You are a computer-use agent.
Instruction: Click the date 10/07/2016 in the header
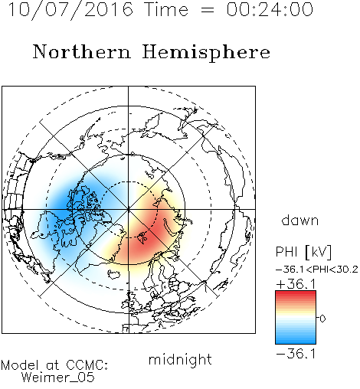pos(70,10)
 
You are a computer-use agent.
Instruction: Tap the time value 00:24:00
pos(270,9)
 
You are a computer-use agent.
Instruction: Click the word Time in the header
pos(166,9)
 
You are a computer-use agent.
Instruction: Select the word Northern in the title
pos(82,51)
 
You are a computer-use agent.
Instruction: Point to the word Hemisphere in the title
pos(206,53)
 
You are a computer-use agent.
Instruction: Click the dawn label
pos(300,220)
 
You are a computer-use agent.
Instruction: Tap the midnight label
pos(180,359)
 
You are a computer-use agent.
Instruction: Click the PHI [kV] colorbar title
pos(303,252)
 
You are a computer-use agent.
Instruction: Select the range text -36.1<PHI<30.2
pos(317,270)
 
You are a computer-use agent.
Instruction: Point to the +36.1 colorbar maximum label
pos(296,284)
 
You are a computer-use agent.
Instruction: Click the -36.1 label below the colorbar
pos(296,354)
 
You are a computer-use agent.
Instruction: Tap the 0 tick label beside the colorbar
pos(322,319)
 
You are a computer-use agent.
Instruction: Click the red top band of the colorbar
pos(296,294)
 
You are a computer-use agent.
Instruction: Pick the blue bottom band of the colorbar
pos(296,341)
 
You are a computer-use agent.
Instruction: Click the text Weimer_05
pos(58,378)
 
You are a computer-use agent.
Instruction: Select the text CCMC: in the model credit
pos(87,364)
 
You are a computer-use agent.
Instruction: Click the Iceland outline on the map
pos(113,275)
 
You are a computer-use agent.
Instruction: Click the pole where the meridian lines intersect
pos(129,209)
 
